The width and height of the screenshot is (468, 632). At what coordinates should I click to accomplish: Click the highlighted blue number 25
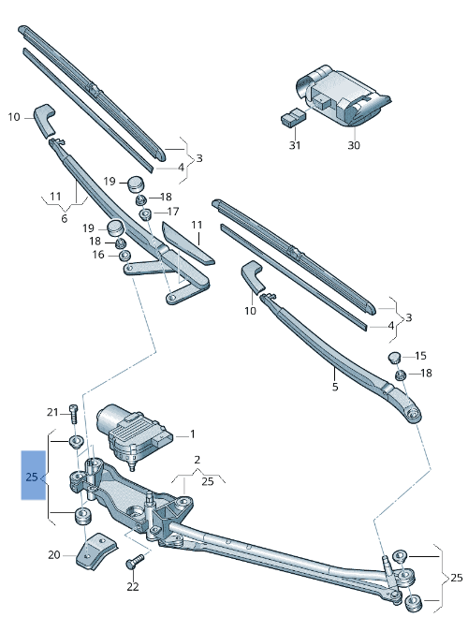pyautogui.click(x=32, y=478)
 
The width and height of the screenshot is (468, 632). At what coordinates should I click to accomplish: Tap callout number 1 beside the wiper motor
pyautogui.click(x=193, y=434)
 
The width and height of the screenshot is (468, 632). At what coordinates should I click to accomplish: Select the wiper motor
pyautogui.click(x=134, y=434)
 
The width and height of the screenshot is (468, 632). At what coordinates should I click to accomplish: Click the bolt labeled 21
pyautogui.click(x=73, y=414)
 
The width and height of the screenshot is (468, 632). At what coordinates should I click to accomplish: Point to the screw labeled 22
pyautogui.click(x=136, y=562)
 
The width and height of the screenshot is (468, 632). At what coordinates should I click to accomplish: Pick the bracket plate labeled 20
pyautogui.click(x=96, y=551)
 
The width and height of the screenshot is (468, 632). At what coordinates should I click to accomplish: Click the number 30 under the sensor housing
pyautogui.click(x=354, y=145)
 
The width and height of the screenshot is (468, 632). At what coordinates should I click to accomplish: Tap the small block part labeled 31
pyautogui.click(x=293, y=117)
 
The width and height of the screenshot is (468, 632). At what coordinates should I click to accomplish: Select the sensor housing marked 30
pyautogui.click(x=342, y=96)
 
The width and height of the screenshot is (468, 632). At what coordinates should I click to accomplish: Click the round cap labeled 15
pyautogui.click(x=394, y=357)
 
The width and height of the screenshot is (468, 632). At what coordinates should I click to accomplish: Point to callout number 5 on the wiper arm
pyautogui.click(x=335, y=387)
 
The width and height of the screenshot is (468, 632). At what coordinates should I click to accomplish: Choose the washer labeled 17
pyautogui.click(x=145, y=213)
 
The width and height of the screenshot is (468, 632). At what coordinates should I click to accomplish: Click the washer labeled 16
pyautogui.click(x=125, y=255)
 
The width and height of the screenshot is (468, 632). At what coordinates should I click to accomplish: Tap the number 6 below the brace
pyautogui.click(x=64, y=218)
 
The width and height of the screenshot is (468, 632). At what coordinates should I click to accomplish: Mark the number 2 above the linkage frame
pyautogui.click(x=197, y=460)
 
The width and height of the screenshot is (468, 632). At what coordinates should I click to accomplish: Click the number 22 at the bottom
pyautogui.click(x=133, y=587)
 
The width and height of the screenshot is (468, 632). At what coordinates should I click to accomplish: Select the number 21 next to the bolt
pyautogui.click(x=52, y=412)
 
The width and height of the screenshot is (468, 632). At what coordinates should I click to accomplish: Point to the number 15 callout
pyautogui.click(x=420, y=356)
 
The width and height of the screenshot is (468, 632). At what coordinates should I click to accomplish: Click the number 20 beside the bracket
pyautogui.click(x=54, y=555)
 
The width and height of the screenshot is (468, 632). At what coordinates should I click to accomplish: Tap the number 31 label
pyautogui.click(x=295, y=145)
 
